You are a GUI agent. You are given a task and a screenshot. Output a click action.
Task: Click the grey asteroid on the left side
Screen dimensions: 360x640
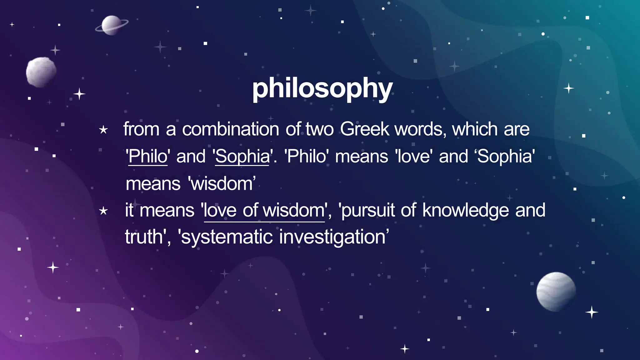point(41,72)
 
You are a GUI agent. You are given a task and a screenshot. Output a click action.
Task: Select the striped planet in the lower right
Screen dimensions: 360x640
point(556,292)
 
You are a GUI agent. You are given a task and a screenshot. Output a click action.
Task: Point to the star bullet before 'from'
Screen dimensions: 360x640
point(103,130)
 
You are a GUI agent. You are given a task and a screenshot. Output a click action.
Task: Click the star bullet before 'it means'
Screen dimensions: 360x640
point(103,211)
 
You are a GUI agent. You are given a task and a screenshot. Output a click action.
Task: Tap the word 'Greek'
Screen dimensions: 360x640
point(365,129)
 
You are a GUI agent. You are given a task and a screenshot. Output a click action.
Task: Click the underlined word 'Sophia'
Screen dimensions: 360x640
point(242,156)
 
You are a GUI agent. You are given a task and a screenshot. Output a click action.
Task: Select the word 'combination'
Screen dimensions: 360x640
point(231,129)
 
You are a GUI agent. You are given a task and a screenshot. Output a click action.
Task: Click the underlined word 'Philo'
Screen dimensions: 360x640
point(148,156)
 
